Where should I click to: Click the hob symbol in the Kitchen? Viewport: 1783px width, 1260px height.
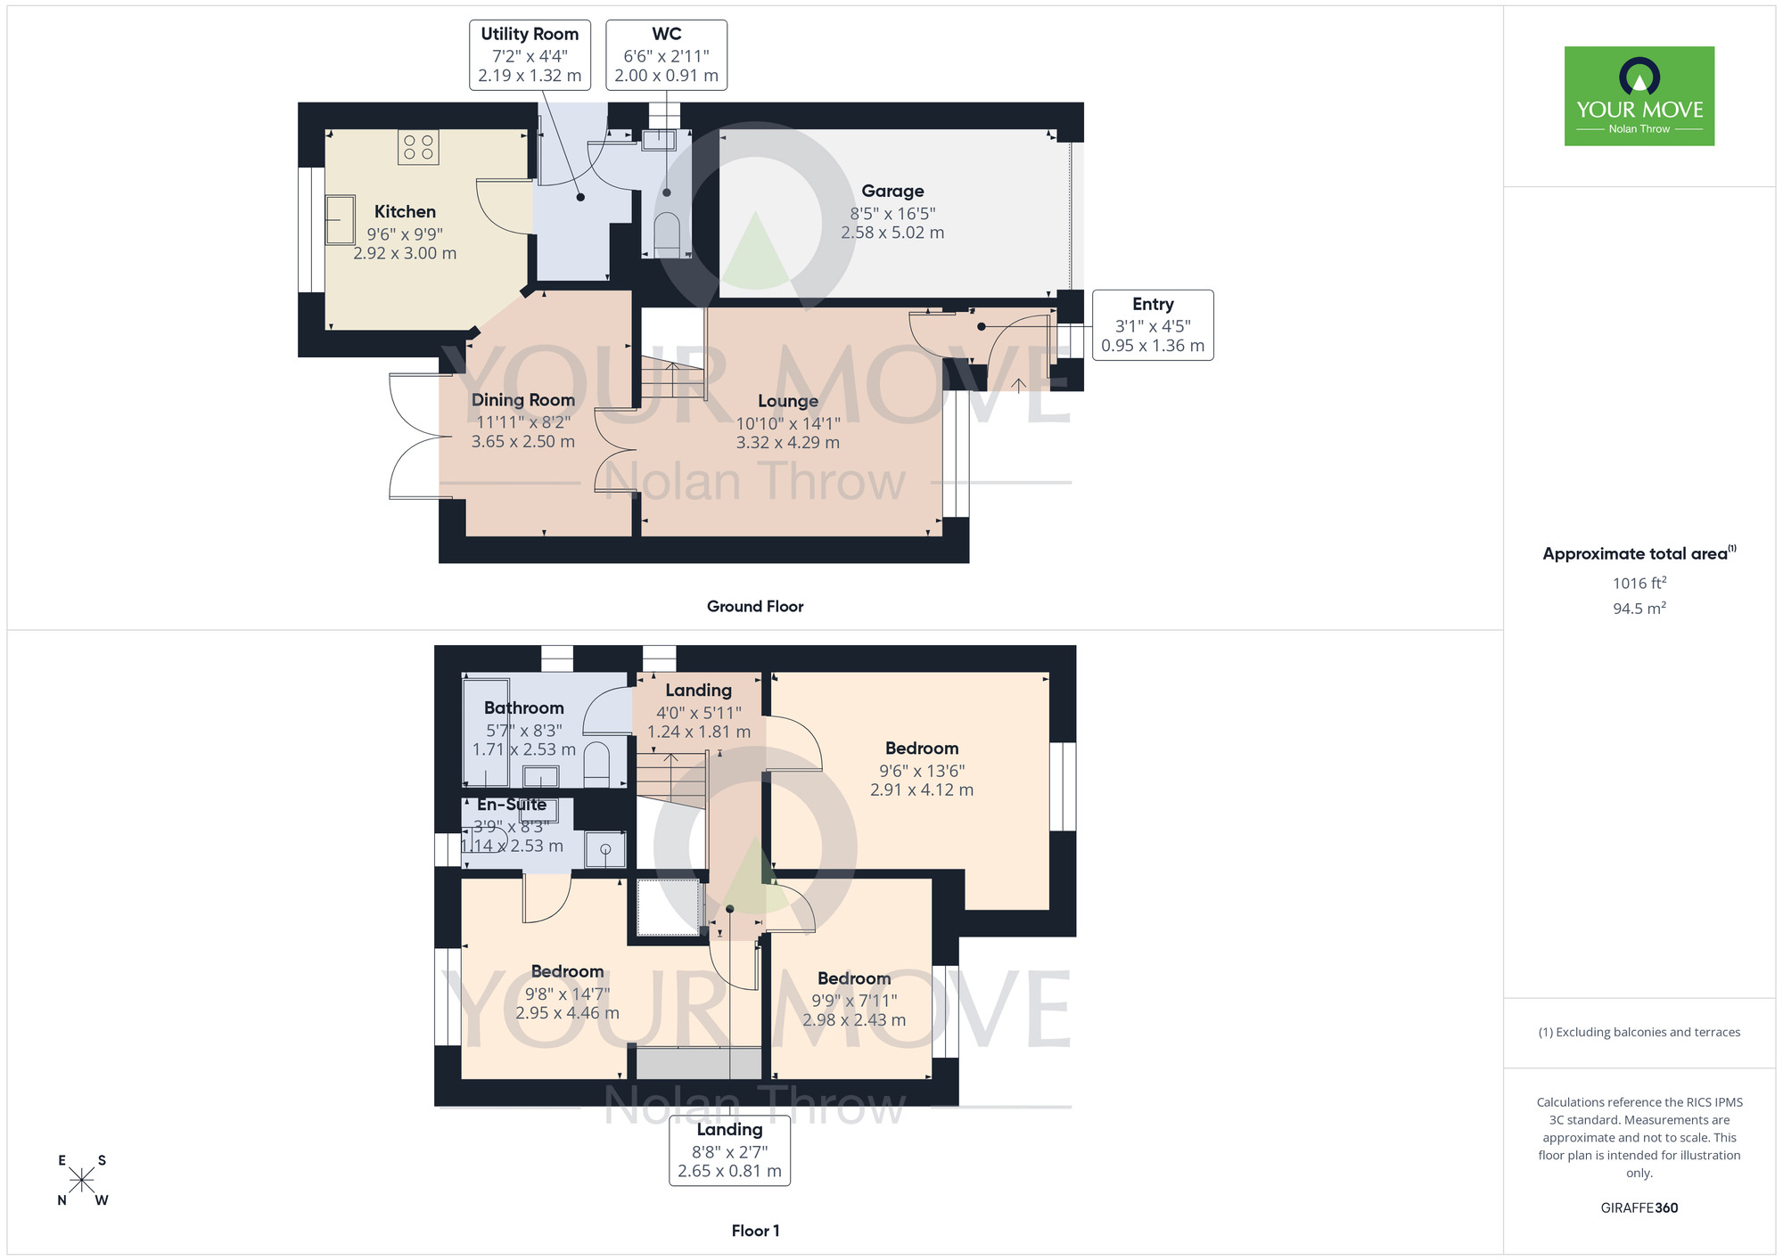point(418,148)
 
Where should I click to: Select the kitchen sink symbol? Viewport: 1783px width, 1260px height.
point(340,220)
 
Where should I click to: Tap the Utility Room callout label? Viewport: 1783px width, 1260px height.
point(530,55)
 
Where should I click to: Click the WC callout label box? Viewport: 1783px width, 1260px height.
point(666,55)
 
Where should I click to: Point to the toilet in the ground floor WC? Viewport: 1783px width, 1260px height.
point(667,235)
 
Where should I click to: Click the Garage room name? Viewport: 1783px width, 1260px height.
point(892,191)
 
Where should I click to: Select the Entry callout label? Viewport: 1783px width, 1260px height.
point(1152,325)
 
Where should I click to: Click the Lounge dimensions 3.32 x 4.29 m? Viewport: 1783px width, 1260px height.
point(787,443)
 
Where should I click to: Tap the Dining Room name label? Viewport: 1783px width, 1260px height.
point(522,400)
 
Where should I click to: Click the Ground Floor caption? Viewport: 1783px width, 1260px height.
point(754,607)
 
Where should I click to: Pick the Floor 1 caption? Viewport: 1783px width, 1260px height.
point(755,1231)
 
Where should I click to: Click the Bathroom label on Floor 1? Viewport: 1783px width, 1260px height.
point(523,708)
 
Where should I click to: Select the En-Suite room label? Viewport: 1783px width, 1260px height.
point(512,805)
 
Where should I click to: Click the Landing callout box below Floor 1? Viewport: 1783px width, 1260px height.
point(729,1150)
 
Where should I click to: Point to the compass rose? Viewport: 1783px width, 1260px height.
point(81,1181)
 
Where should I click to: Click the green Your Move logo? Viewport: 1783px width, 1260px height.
point(1639,96)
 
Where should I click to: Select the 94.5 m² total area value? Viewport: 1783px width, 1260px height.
point(1639,609)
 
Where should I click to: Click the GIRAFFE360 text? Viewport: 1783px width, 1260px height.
point(1639,1208)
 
